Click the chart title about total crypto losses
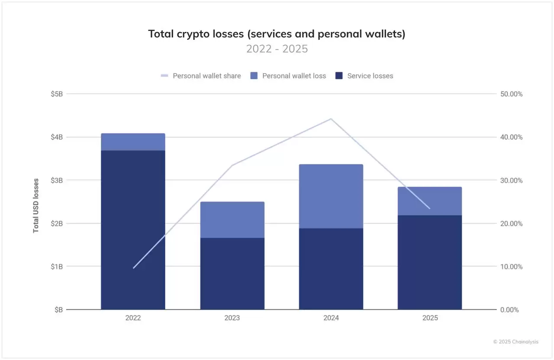277,34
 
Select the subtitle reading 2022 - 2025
277,49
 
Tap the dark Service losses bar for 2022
133,230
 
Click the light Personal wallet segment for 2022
133,142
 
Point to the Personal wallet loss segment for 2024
331,196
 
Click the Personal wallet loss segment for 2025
430,201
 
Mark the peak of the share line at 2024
331,119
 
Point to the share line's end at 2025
430,209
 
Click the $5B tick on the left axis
57,94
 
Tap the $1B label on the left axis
57,267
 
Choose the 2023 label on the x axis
232,318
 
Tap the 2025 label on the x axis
430,318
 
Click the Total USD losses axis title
36,206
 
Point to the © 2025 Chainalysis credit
516,342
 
